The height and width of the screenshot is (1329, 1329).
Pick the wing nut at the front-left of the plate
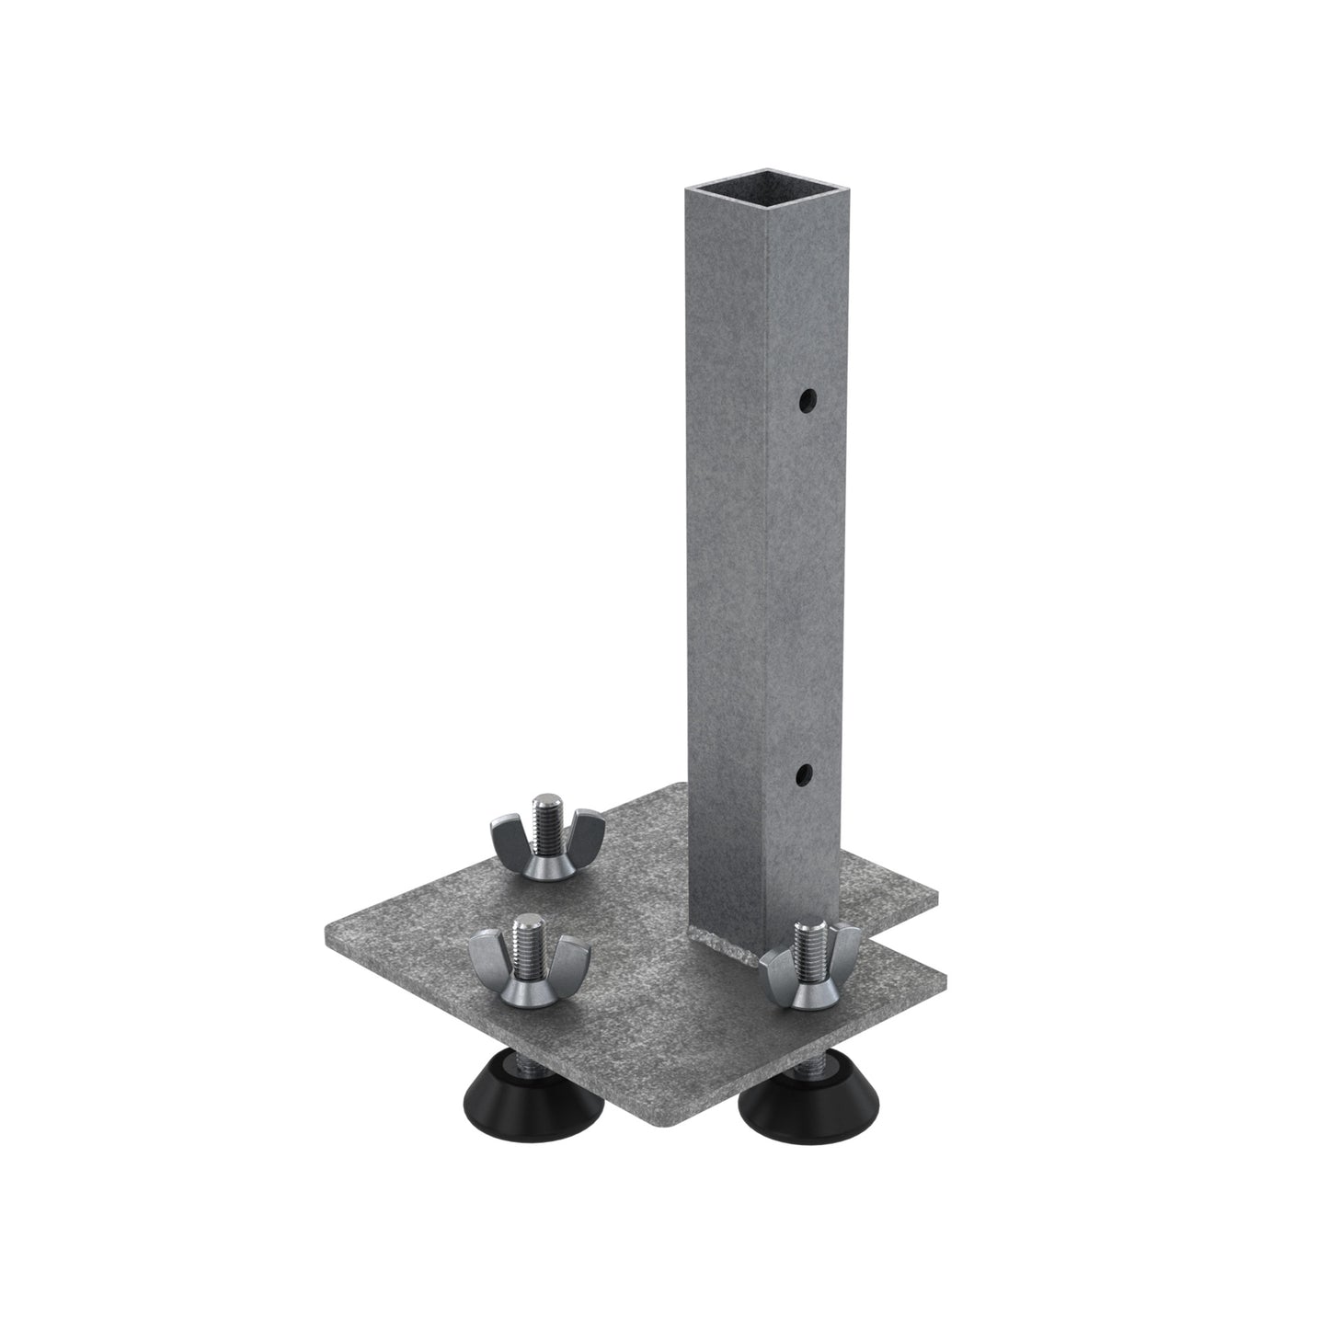point(527,965)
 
